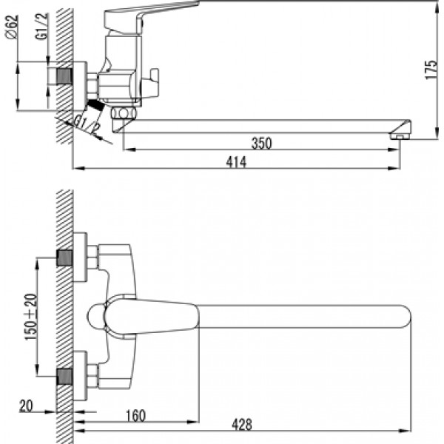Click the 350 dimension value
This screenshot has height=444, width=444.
pos(261,144)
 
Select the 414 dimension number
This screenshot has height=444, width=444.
pos(236,162)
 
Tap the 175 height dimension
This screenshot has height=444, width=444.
pos(431,70)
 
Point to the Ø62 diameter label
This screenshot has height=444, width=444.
pos(12,27)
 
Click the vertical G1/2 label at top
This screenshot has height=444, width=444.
pos(42,27)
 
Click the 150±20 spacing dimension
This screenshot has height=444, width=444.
pos(31,317)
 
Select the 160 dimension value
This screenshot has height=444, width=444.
pos(135,416)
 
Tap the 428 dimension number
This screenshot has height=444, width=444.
pos(241,425)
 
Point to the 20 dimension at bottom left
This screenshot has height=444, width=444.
pos(26,406)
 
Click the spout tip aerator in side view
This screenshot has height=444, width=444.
pos(400,130)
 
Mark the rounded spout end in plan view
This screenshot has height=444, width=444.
pos(404,317)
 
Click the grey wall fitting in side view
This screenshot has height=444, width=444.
pos(64,76)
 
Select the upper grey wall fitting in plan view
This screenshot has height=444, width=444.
pos(64,258)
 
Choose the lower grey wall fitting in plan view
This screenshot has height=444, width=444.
pos(64,377)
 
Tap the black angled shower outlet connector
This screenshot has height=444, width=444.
pos(95,106)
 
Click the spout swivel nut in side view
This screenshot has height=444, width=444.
pos(124,113)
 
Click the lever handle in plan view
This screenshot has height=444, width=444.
pos(151,317)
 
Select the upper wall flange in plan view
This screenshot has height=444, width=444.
pos(80,258)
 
